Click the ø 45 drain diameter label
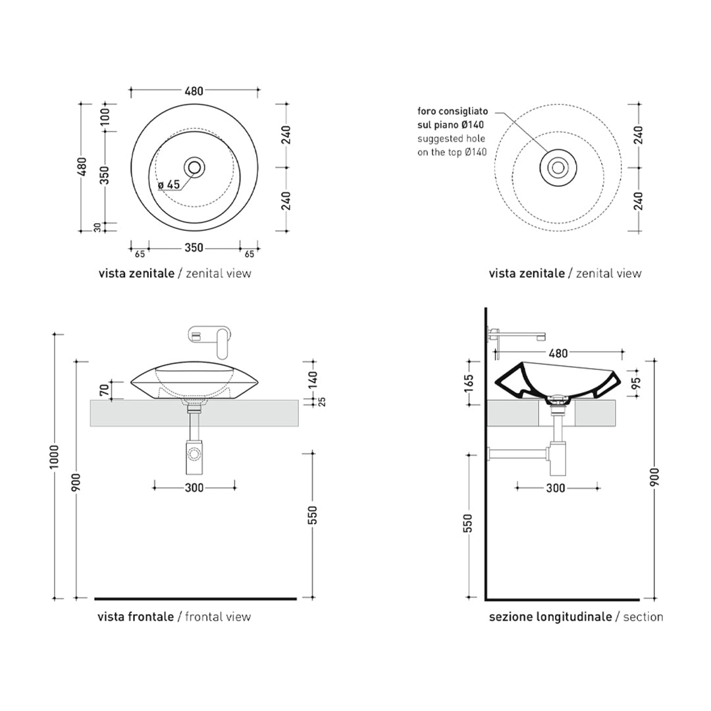click(169, 184)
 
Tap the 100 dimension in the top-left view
click(105, 117)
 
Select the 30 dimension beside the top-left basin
click(97, 228)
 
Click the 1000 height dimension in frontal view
click(55, 457)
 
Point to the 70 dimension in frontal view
click(104, 390)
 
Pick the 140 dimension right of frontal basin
click(313, 380)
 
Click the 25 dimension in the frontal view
click(323, 402)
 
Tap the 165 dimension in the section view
click(469, 383)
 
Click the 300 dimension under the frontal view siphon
click(194, 488)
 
